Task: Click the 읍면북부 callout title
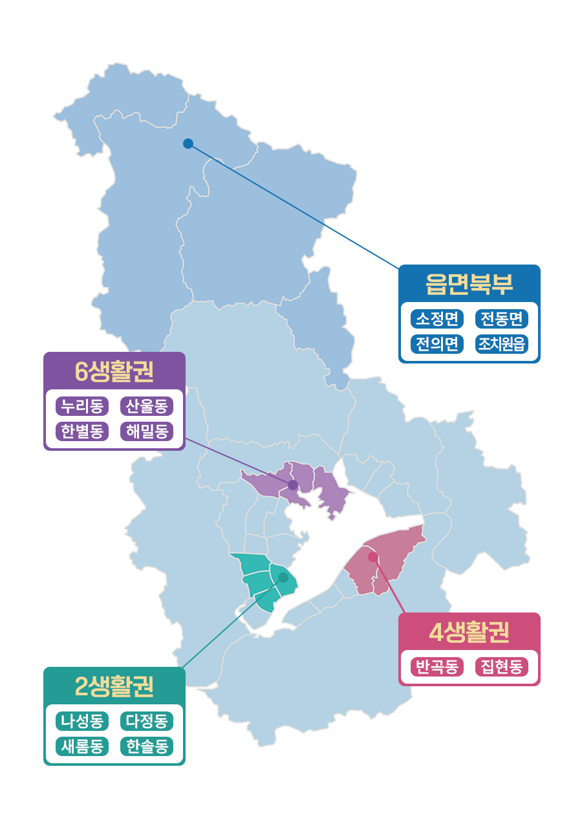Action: click(x=469, y=284)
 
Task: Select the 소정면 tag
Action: click(x=437, y=319)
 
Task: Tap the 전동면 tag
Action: click(x=502, y=319)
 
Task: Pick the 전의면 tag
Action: click(x=437, y=343)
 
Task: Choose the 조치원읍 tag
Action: click(x=502, y=343)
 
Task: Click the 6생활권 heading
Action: click(x=114, y=371)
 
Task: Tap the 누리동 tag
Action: click(x=82, y=406)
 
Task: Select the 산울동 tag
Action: click(x=147, y=406)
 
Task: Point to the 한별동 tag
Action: click(x=82, y=431)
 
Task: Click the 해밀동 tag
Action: click(x=147, y=431)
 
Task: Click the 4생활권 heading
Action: click(x=469, y=632)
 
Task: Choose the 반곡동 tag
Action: click(x=437, y=667)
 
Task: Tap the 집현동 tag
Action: click(x=502, y=667)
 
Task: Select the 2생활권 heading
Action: click(x=114, y=686)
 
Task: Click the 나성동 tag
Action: click(x=82, y=721)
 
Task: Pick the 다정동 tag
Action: click(x=147, y=721)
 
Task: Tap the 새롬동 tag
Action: click(x=82, y=746)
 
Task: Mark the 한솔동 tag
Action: click(x=147, y=746)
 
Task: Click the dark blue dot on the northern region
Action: click(x=188, y=144)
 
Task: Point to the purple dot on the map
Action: click(x=293, y=485)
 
